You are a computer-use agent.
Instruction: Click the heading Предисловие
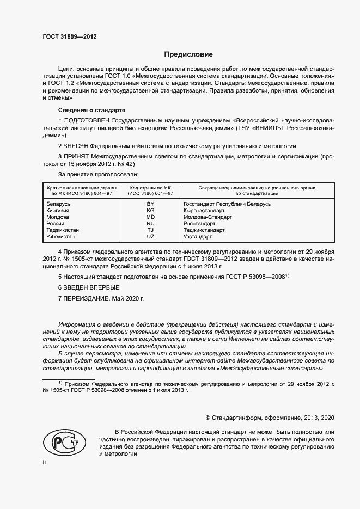[189, 54]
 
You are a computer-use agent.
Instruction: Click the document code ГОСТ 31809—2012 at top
[70, 38]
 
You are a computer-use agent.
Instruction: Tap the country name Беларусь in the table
[59, 204]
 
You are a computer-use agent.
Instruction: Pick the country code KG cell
[151, 210]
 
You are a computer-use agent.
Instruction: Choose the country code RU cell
[151, 223]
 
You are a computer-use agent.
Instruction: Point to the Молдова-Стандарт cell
[208, 217]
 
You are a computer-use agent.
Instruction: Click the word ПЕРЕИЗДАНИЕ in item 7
[86, 299]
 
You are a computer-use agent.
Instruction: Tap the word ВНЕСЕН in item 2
[77, 146]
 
